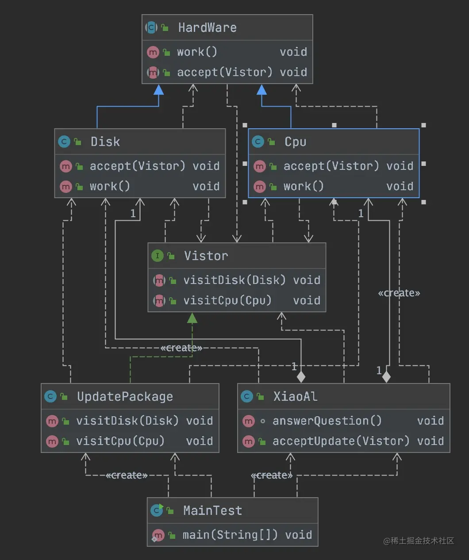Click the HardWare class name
coord(207,28)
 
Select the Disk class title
coord(105,142)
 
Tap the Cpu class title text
coord(295,142)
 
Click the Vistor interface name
coord(206,256)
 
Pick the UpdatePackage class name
coord(125,396)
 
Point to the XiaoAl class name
coord(295,396)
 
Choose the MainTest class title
coord(212,510)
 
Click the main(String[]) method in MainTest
coord(230,535)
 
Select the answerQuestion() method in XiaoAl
coord(327,421)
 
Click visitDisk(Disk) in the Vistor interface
coord(234,280)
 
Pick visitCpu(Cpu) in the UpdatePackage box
coord(120,441)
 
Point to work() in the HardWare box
coord(197,52)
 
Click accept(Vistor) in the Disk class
coord(137,166)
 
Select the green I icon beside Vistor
coord(157,256)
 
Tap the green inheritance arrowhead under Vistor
coord(192,318)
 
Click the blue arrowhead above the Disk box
coord(158,90)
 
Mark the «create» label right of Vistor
coord(399,293)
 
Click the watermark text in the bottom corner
coord(418,541)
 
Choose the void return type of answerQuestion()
coord(430,421)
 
